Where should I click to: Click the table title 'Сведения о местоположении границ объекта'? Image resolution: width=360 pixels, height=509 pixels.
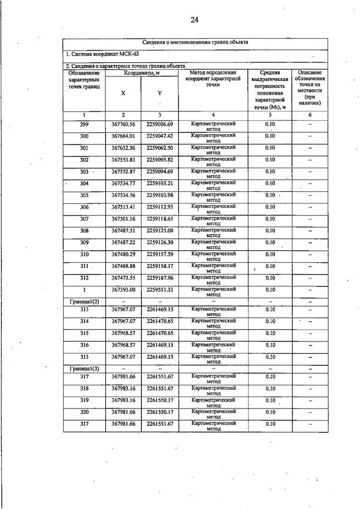click(x=195, y=43)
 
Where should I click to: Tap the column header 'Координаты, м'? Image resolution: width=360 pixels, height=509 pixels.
click(x=142, y=73)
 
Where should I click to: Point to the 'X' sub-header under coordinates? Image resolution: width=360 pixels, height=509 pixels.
click(x=123, y=93)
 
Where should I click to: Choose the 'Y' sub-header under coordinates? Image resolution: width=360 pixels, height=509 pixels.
click(x=159, y=93)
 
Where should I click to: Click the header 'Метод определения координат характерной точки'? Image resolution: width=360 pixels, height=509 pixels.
click(x=213, y=78)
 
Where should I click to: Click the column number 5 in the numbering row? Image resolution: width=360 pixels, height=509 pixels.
click(x=270, y=114)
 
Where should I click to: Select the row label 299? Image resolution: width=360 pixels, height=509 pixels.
click(x=84, y=124)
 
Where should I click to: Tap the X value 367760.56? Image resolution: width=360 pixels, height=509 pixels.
click(x=123, y=124)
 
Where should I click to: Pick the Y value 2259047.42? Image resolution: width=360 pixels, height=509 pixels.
click(x=159, y=136)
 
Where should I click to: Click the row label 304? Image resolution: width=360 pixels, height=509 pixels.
click(x=84, y=183)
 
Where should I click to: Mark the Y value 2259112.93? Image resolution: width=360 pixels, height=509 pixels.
click(x=159, y=207)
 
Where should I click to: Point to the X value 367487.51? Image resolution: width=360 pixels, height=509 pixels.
click(x=123, y=231)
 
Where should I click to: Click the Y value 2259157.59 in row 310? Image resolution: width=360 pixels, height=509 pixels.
click(x=159, y=254)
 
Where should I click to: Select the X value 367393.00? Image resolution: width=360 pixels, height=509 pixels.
click(x=123, y=289)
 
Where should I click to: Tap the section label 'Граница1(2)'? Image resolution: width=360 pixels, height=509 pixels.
click(x=84, y=301)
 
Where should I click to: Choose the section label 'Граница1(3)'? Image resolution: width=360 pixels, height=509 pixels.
click(x=84, y=368)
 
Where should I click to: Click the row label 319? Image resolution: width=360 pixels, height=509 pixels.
click(x=84, y=400)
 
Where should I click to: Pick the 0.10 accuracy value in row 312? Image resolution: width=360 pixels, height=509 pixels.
click(x=270, y=278)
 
